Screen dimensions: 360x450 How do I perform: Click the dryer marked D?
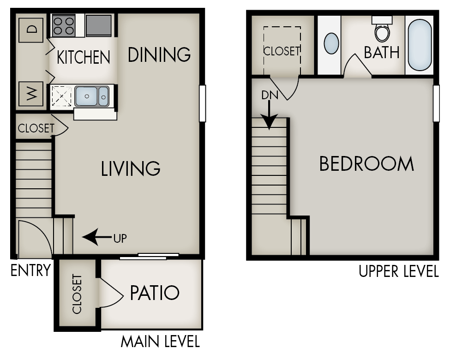coord(31,30)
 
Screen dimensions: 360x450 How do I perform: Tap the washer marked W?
coord(31,94)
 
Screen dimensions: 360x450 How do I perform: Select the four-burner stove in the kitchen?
coord(64,26)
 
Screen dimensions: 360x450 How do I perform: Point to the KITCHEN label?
coord(84,57)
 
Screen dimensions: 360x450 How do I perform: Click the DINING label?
coord(159,54)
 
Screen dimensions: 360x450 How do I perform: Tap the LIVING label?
coord(131,168)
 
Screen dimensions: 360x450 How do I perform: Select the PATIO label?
coord(154,293)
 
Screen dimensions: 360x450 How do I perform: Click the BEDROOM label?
coord(366,164)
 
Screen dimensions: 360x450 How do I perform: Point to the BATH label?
coord(382,52)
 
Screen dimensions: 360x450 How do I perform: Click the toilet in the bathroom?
coord(382,30)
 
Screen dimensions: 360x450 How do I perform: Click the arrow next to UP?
coord(96,238)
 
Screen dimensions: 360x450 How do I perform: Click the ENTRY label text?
coord(30,270)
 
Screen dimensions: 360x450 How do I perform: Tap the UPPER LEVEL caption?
coord(399,271)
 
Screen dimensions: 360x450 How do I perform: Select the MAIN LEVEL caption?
coord(160,342)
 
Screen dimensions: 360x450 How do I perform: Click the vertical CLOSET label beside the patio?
coord(77,294)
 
